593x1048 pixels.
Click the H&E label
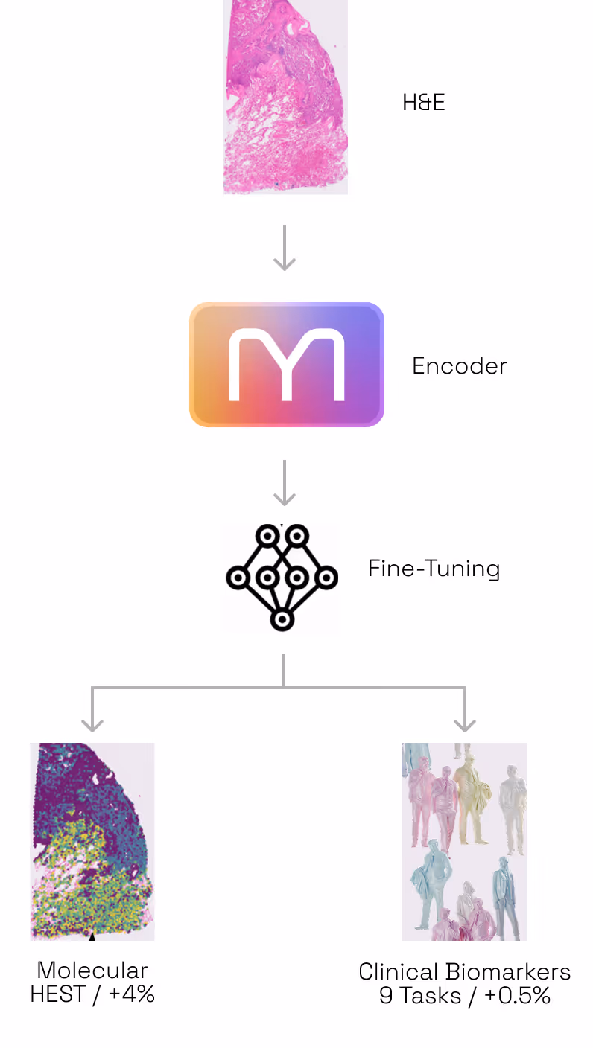click(x=423, y=103)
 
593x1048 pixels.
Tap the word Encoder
click(x=459, y=366)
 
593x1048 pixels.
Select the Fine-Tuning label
click(x=434, y=569)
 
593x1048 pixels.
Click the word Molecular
click(x=92, y=971)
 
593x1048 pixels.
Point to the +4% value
click(x=132, y=994)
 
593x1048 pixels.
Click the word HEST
click(x=57, y=994)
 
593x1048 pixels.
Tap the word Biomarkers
click(x=508, y=972)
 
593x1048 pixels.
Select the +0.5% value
click(x=518, y=996)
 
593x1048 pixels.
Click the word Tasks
click(x=431, y=996)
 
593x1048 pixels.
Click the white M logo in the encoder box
click(x=287, y=365)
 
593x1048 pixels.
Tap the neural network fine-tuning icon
click(x=282, y=578)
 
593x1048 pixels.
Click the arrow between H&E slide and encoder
click(x=285, y=248)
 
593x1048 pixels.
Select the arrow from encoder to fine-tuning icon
click(x=285, y=483)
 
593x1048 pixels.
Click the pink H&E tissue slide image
click(x=286, y=97)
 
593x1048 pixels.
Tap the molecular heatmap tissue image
click(x=92, y=842)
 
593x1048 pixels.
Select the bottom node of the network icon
click(x=282, y=619)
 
